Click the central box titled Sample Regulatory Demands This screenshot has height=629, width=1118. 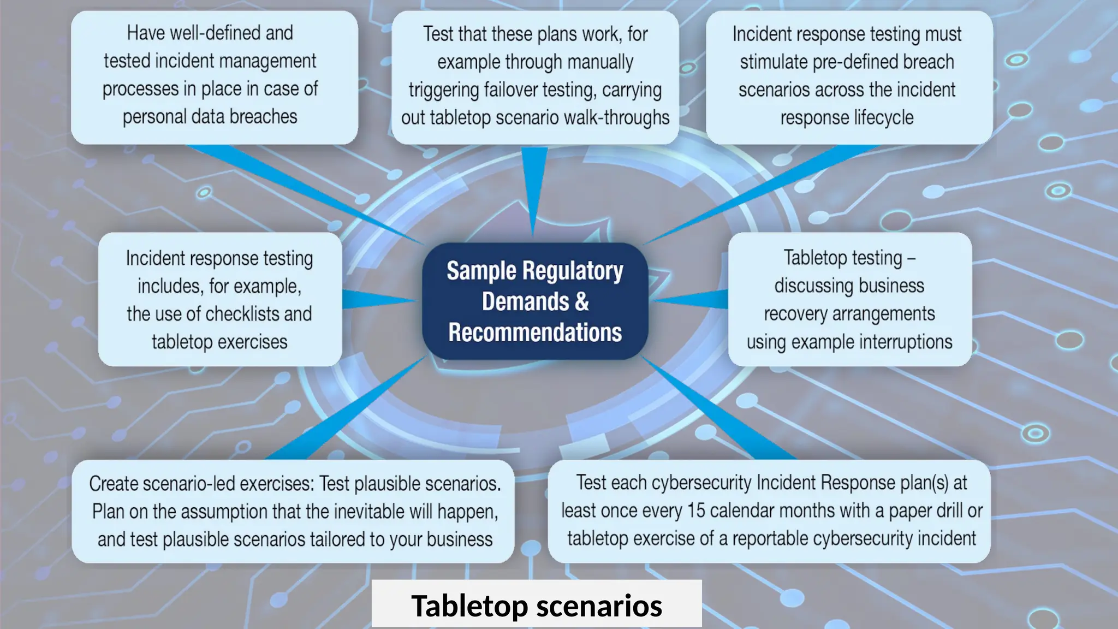coord(535,301)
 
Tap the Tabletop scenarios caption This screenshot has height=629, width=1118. coord(537,606)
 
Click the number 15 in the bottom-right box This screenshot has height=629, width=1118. coord(696,511)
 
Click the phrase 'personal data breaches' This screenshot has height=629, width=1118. coord(210,117)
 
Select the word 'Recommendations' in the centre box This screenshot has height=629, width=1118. coord(535,333)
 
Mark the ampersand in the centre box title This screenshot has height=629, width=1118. coord(582,302)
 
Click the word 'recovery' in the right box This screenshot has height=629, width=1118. coord(795,314)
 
